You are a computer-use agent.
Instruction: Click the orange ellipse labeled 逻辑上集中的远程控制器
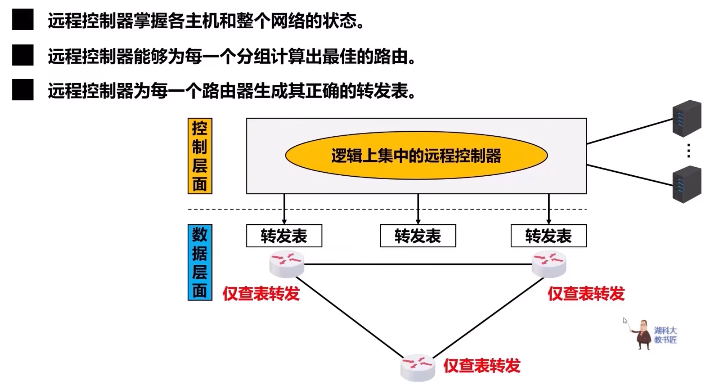pyautogui.click(x=416, y=155)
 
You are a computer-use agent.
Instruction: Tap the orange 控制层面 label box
pyautogui.click(x=200, y=156)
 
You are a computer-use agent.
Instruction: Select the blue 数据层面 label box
pyautogui.click(x=200, y=262)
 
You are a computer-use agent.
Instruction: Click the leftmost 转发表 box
pyautogui.click(x=284, y=236)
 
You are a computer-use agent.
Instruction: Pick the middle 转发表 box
pyautogui.click(x=418, y=236)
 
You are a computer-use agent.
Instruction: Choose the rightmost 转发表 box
pyautogui.click(x=548, y=236)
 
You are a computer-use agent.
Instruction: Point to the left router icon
pyautogui.click(x=287, y=265)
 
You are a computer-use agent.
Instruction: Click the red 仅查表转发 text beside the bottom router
pyautogui.click(x=482, y=366)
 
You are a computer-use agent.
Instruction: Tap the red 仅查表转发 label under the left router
pyautogui.click(x=261, y=294)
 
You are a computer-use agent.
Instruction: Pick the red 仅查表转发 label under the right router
pyautogui.click(x=586, y=294)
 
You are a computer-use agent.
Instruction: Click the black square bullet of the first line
pyautogui.click(x=23, y=20)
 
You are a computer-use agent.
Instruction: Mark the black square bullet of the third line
pyautogui.click(x=23, y=90)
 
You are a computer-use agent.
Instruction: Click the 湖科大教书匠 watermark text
pyautogui.click(x=665, y=335)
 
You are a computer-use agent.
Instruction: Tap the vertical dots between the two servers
pyautogui.click(x=688, y=151)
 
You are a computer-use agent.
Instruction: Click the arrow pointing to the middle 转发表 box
pyautogui.click(x=418, y=209)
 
